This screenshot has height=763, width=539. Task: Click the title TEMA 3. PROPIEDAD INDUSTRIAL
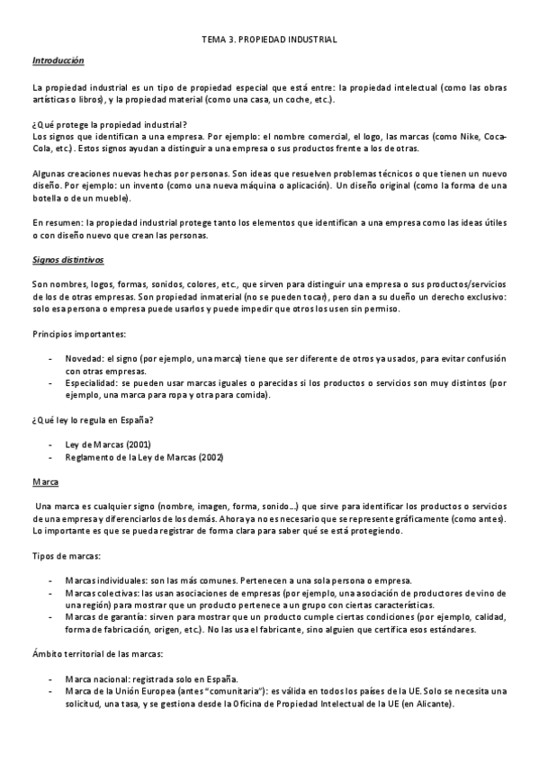click(268, 40)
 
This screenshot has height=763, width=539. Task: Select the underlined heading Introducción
click(58, 61)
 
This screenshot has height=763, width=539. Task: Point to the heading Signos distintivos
click(68, 260)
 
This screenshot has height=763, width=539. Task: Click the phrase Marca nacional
click(98, 678)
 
